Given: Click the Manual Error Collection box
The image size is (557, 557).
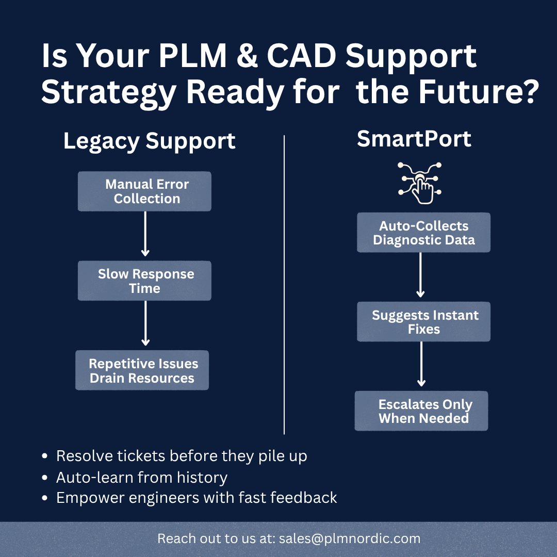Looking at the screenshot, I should tap(144, 191).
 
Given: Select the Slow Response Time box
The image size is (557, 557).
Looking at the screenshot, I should tap(144, 281).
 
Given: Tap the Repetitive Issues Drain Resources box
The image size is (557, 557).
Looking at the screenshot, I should tap(142, 370).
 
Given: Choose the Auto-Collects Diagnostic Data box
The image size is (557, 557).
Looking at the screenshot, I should tap(423, 233).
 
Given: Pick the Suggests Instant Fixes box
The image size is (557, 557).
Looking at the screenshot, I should tap(423, 322).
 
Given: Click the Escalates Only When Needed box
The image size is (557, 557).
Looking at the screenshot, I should tap(421, 411).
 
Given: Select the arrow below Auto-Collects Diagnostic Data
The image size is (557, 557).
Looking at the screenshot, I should tap(420, 274).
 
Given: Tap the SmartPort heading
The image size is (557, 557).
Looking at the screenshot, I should tap(414, 139).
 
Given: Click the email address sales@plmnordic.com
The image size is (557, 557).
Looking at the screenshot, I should tap(350, 539).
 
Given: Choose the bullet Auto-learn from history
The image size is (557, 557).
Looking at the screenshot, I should tap(141, 478).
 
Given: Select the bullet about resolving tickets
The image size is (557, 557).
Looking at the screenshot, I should tap(181, 456).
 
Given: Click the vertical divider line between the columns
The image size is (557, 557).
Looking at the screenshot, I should tap(284, 284).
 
